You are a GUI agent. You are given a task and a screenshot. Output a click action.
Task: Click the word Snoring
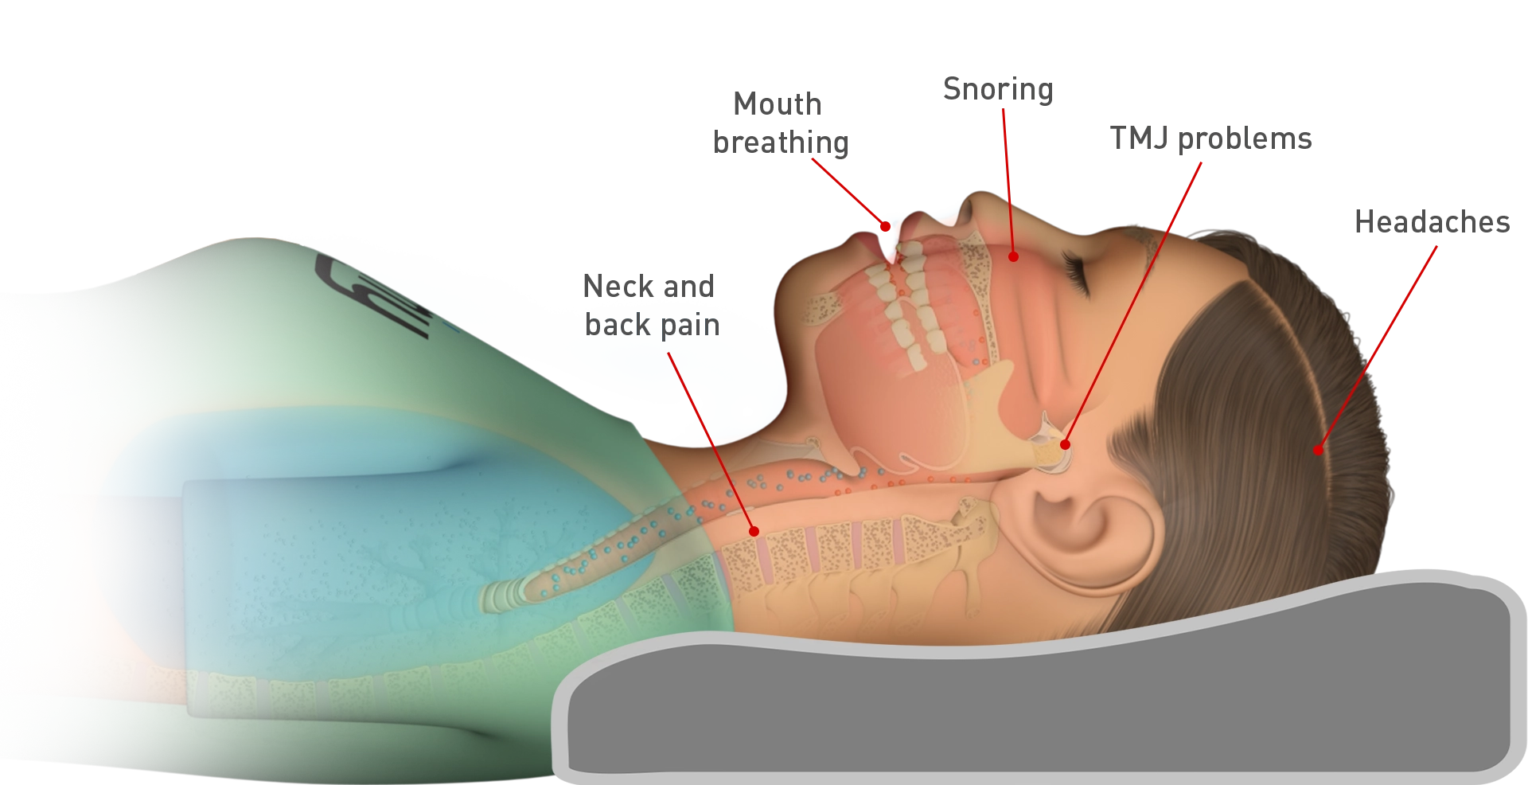click(998, 90)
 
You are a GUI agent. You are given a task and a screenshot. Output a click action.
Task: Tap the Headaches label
click(1432, 222)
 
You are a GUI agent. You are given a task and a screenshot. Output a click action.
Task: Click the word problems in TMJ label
click(1245, 139)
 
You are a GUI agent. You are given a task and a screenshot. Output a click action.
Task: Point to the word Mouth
click(778, 104)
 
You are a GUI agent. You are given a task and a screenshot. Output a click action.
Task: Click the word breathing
click(781, 143)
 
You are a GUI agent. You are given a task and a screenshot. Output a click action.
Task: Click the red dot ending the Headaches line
click(1318, 451)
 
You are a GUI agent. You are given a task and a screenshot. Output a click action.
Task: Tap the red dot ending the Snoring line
click(1013, 256)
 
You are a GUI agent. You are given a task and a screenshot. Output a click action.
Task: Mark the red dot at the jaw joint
click(1065, 444)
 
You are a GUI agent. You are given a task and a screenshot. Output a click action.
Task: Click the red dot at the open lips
click(885, 226)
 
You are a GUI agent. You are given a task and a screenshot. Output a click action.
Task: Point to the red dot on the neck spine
click(754, 531)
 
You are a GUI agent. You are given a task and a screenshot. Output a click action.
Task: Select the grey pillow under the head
click(1035, 701)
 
